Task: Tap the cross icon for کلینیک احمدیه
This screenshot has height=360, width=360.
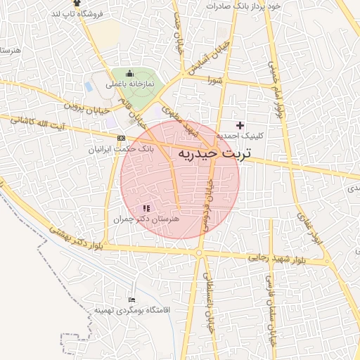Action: (x=240, y=124)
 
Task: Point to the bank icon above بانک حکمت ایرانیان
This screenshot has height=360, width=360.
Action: (x=122, y=139)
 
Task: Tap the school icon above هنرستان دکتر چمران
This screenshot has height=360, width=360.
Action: (x=146, y=208)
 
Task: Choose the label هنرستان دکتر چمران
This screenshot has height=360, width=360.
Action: (x=147, y=219)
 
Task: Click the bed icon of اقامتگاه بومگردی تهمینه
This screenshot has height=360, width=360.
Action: (x=131, y=300)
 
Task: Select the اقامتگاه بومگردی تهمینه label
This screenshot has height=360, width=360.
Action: (x=127, y=310)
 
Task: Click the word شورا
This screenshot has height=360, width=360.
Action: (x=214, y=80)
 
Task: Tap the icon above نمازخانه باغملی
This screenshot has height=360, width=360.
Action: (x=129, y=73)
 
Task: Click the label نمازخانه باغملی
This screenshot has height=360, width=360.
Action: (x=129, y=84)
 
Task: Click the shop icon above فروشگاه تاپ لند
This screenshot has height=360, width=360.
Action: (x=76, y=4)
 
